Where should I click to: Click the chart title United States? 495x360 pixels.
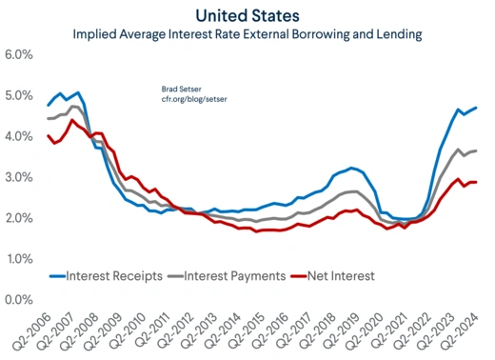click(246, 15)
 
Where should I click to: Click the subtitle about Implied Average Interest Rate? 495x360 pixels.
click(246, 35)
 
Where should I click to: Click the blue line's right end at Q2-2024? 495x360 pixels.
click(476, 108)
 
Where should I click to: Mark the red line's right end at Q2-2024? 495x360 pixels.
click(476, 182)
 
